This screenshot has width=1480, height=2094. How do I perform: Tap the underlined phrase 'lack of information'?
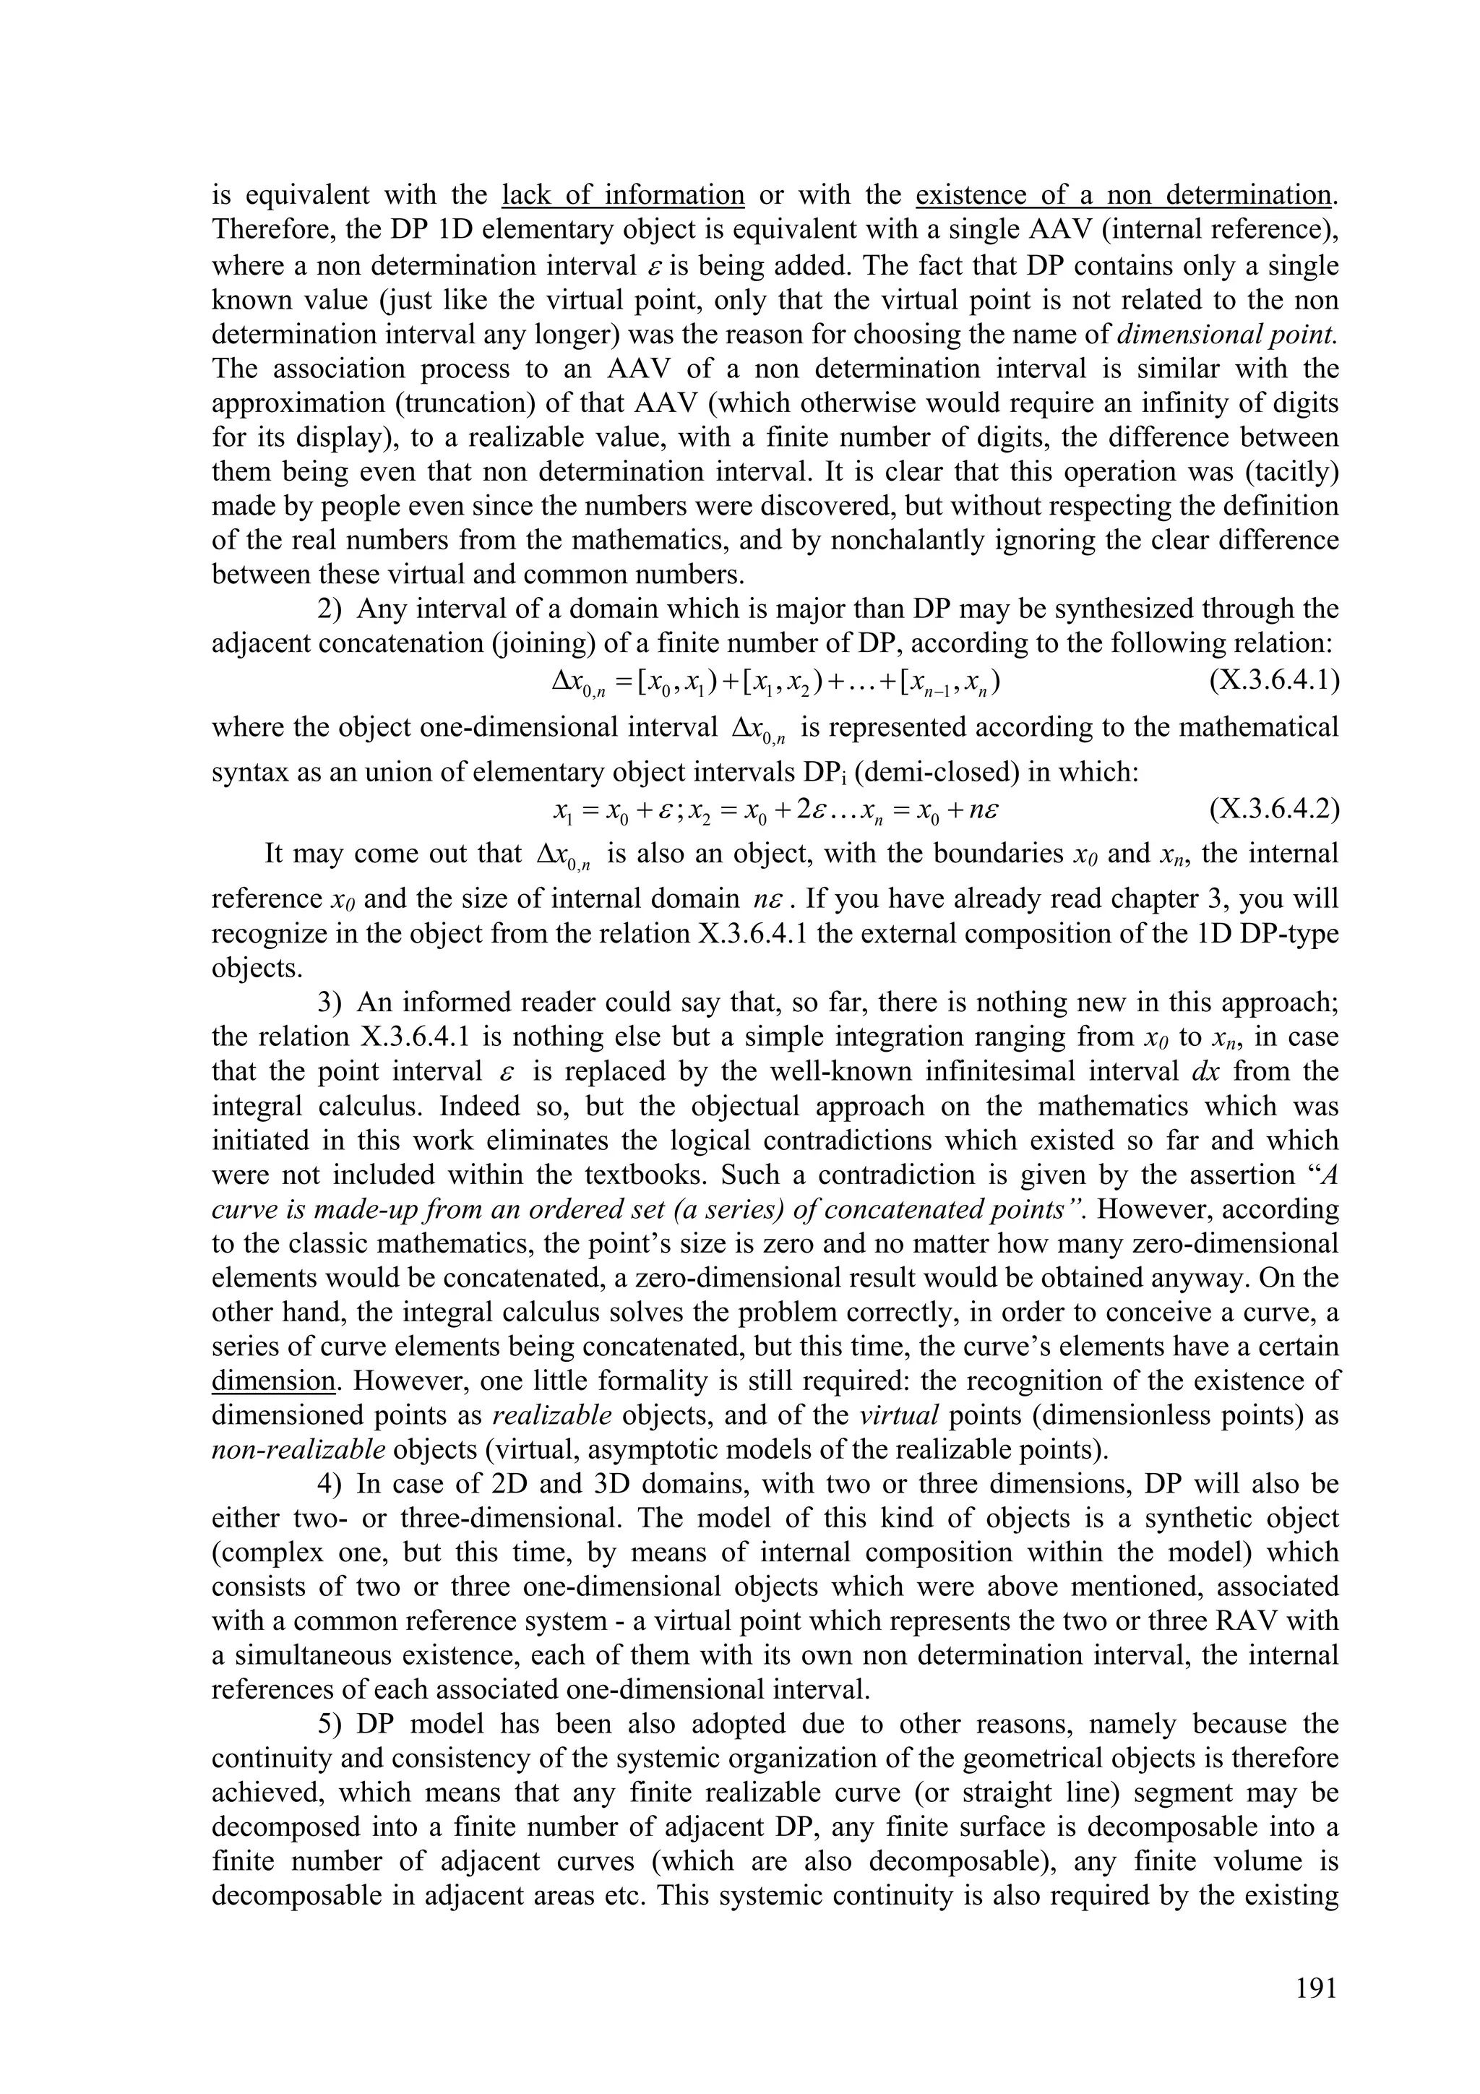click(624, 195)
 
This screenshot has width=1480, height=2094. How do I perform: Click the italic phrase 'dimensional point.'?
click(1226, 334)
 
